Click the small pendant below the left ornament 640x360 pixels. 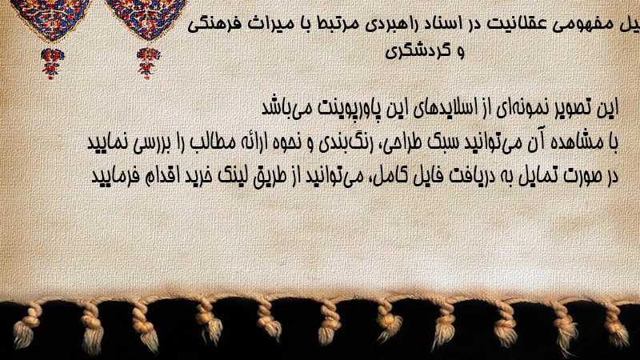tap(52, 63)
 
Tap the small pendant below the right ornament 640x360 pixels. tap(148, 63)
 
